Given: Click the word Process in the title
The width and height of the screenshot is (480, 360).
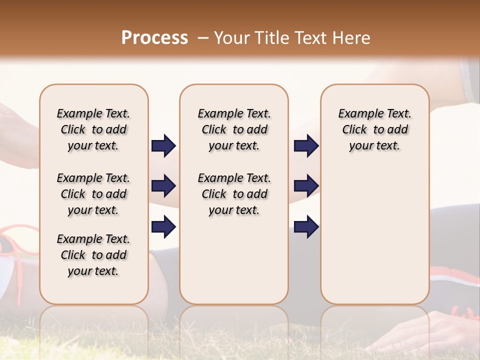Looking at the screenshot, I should tap(154, 38).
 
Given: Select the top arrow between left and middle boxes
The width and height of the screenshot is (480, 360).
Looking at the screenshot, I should tap(163, 146).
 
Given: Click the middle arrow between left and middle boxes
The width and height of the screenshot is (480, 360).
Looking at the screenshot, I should tap(163, 186).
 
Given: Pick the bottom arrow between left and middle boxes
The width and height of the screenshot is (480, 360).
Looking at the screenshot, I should tap(163, 226).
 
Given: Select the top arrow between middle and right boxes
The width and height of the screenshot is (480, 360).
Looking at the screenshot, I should tap(306, 146).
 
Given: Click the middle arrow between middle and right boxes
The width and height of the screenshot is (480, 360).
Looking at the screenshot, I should tap(306, 186).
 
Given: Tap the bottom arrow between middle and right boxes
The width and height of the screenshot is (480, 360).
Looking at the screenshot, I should tap(306, 226).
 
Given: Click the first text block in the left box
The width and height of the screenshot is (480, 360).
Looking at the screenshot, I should tap(93, 129).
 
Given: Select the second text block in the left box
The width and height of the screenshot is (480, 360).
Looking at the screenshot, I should tap(93, 194).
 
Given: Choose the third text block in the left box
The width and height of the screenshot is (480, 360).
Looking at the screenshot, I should tap(93, 255).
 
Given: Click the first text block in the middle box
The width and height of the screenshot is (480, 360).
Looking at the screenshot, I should tap(234, 129).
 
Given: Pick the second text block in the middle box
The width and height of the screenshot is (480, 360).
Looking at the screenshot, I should tap(234, 194).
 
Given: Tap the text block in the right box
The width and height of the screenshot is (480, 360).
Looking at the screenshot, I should tap(374, 129).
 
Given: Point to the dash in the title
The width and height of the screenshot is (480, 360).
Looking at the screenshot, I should tap(203, 38).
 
